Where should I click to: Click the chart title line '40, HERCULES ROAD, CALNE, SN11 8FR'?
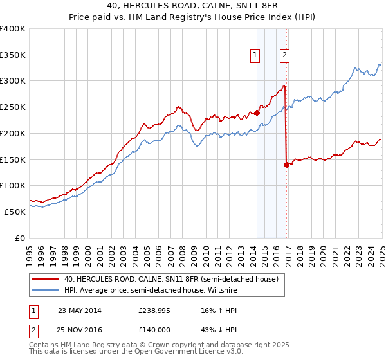[x=192, y=6]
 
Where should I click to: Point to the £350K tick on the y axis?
[x=14, y=55]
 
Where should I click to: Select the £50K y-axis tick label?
[x=15, y=212]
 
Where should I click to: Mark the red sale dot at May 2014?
[x=257, y=113]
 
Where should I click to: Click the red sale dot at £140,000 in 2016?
[x=286, y=164]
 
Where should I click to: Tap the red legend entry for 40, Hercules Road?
[x=170, y=279]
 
